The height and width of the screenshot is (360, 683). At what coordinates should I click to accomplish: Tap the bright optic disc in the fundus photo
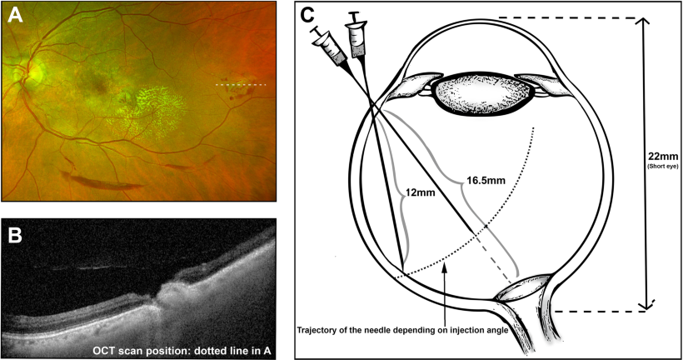click(x=32, y=75)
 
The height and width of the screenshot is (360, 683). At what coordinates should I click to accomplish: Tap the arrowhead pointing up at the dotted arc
click(x=444, y=265)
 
